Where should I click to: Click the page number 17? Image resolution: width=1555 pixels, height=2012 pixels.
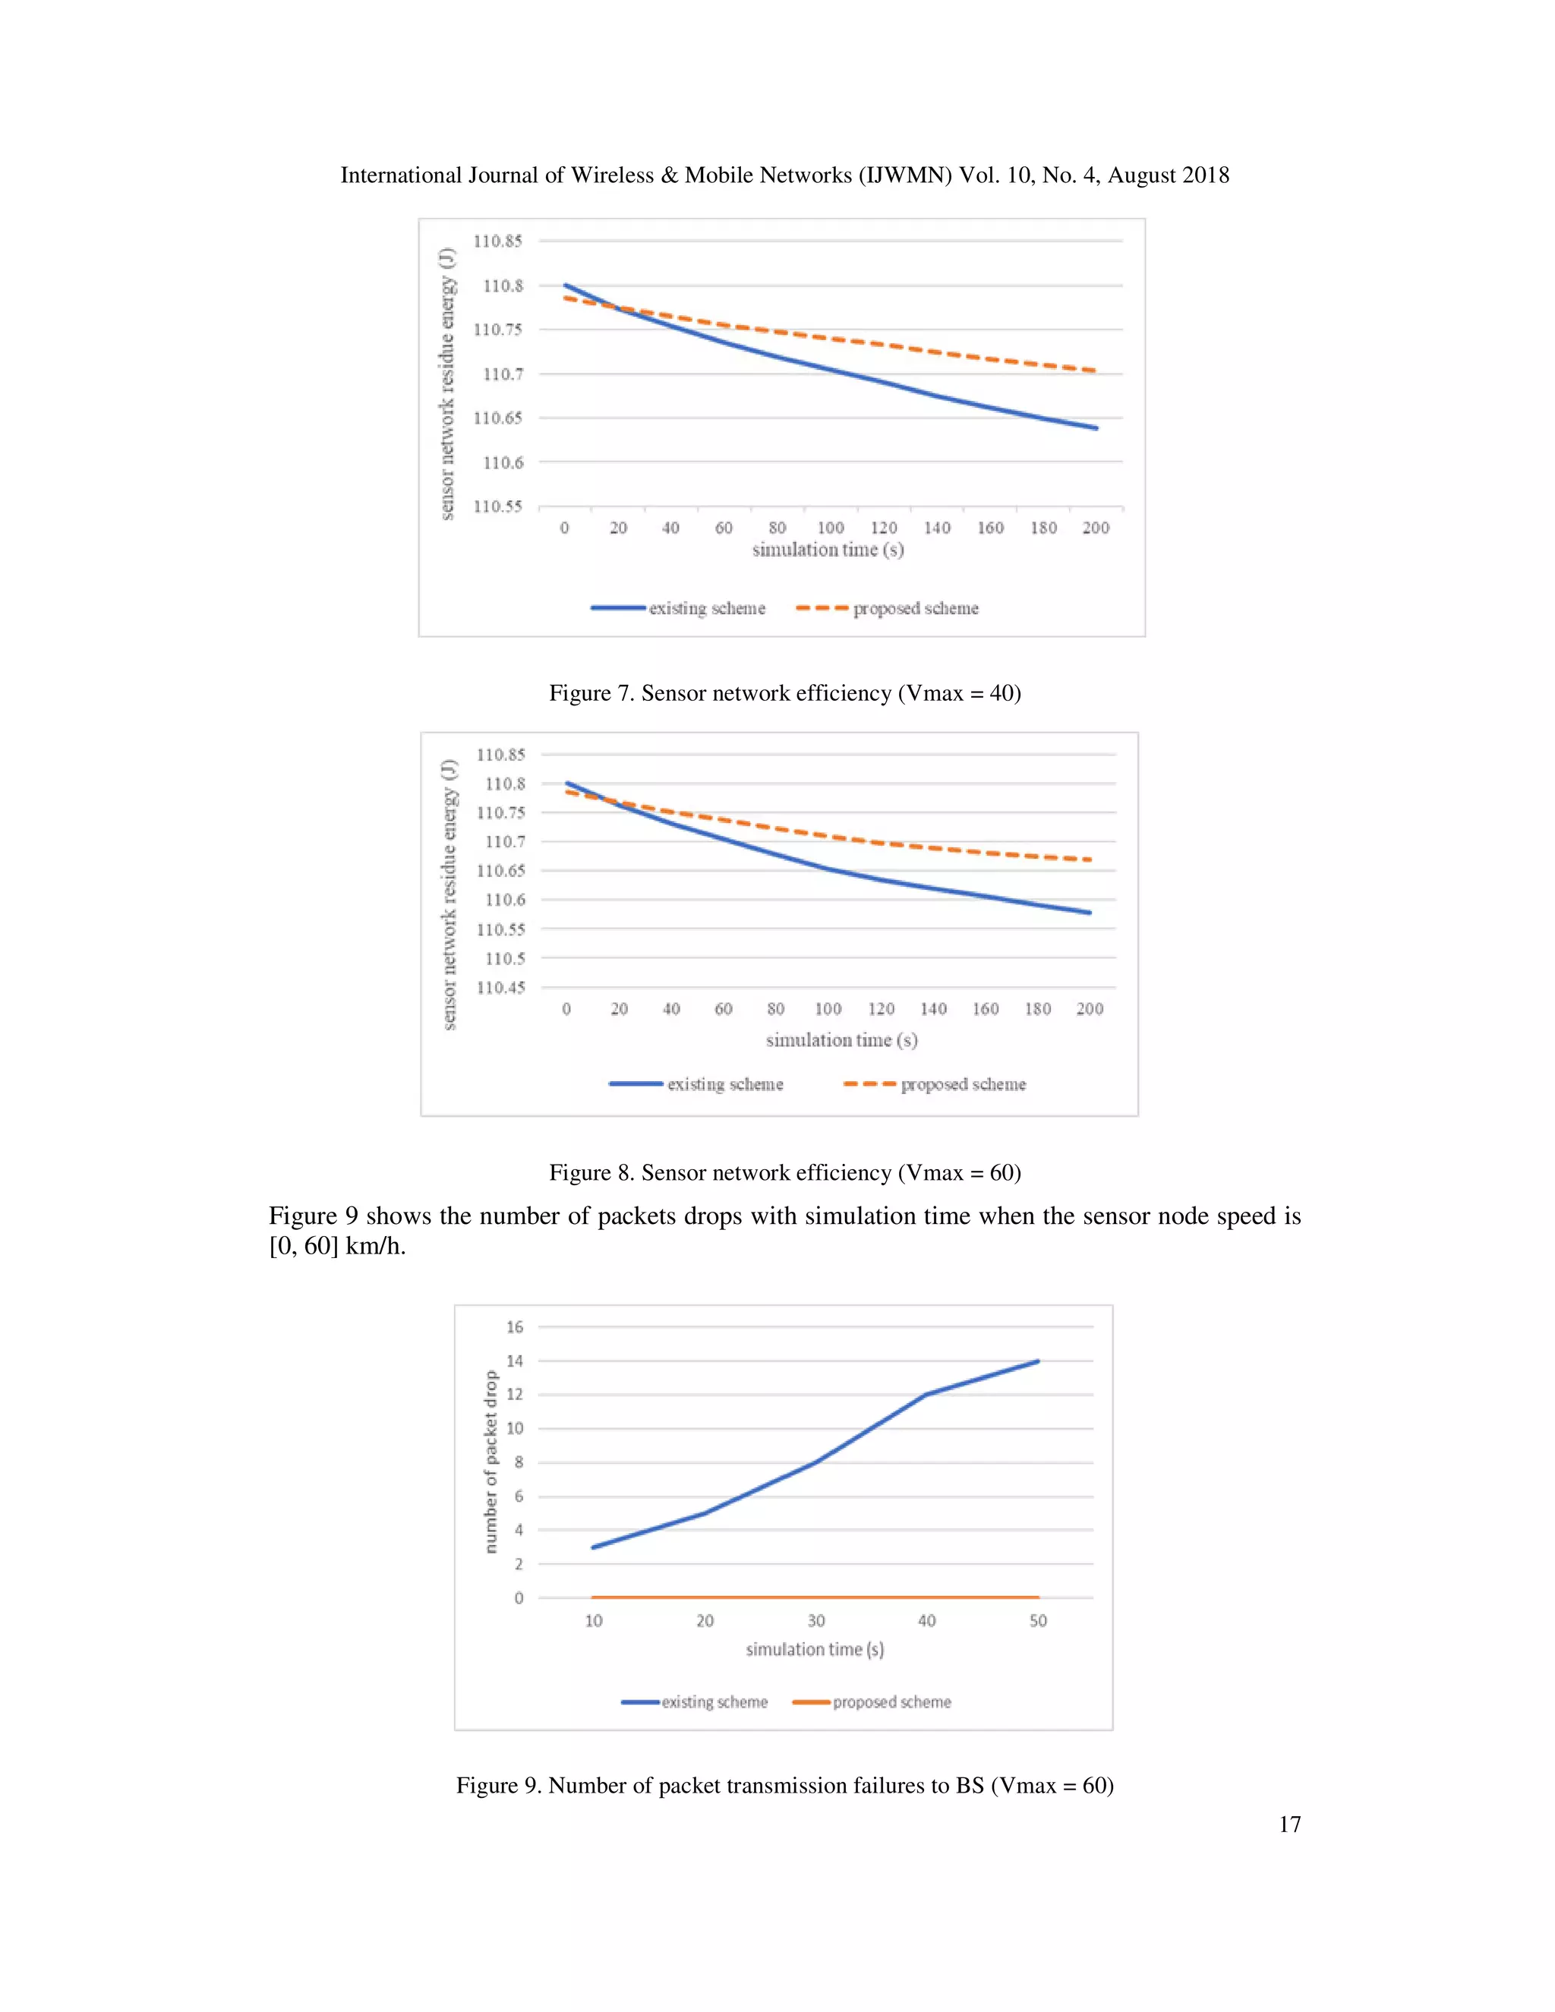[x=1288, y=1824]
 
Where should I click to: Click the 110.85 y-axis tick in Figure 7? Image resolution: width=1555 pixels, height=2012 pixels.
[x=497, y=241]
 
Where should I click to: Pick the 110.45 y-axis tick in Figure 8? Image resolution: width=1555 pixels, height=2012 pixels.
[x=500, y=988]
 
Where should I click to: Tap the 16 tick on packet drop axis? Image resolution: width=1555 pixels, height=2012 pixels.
[x=514, y=1326]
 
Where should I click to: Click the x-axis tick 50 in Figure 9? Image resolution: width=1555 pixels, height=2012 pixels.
[x=1038, y=1620]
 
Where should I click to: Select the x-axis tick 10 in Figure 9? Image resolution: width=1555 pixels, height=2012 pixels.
[x=595, y=1620]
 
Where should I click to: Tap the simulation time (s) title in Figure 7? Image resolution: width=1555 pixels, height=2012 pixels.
[x=828, y=550]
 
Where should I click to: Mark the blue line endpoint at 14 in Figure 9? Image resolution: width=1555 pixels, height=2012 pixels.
[x=1037, y=1361]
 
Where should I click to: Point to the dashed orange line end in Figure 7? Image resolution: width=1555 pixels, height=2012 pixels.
[x=1094, y=371]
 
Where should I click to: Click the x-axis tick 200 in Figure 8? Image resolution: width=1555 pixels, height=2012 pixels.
[x=1090, y=1009]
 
